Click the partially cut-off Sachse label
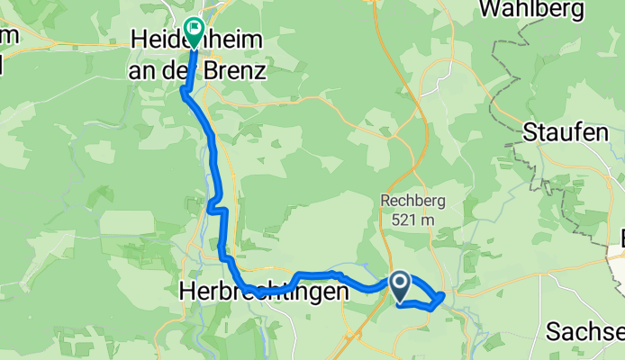(584, 331)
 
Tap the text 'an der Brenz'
(197, 69)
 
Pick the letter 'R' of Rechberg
(386, 202)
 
